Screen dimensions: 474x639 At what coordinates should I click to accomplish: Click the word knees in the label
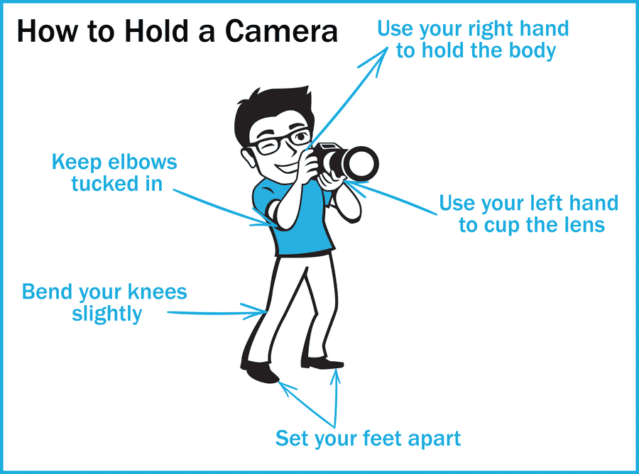157,292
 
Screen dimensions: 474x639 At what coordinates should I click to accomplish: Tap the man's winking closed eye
271,147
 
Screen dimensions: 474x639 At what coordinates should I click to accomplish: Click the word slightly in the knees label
106,314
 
